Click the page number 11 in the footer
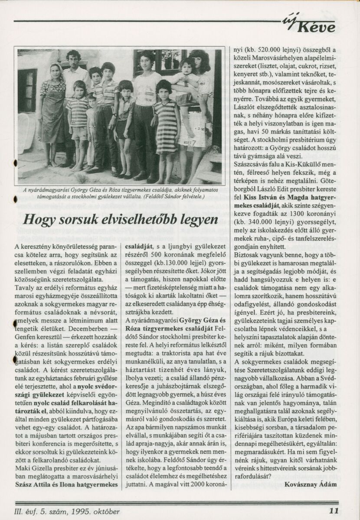[334, 510]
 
